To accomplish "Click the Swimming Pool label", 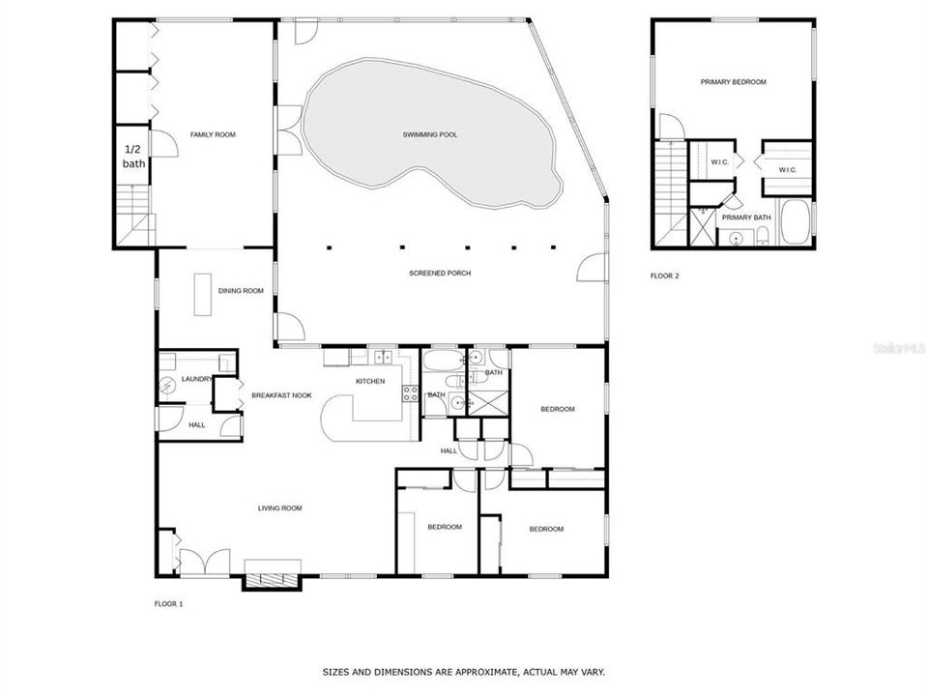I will point(430,134).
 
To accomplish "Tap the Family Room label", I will point(213,134).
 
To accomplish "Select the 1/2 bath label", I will point(133,157).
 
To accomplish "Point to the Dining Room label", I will point(241,291).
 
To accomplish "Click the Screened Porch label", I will point(440,274).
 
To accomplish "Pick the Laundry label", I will point(196,379).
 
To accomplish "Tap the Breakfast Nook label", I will point(281,395).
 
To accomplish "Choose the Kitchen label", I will point(370,381).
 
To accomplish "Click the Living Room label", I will point(280,507).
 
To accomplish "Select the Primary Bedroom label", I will point(733,82).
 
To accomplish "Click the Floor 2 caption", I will point(664,276).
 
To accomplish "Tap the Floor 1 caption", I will point(168,604).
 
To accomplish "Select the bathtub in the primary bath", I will point(797,224).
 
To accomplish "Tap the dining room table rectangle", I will point(203,294).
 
